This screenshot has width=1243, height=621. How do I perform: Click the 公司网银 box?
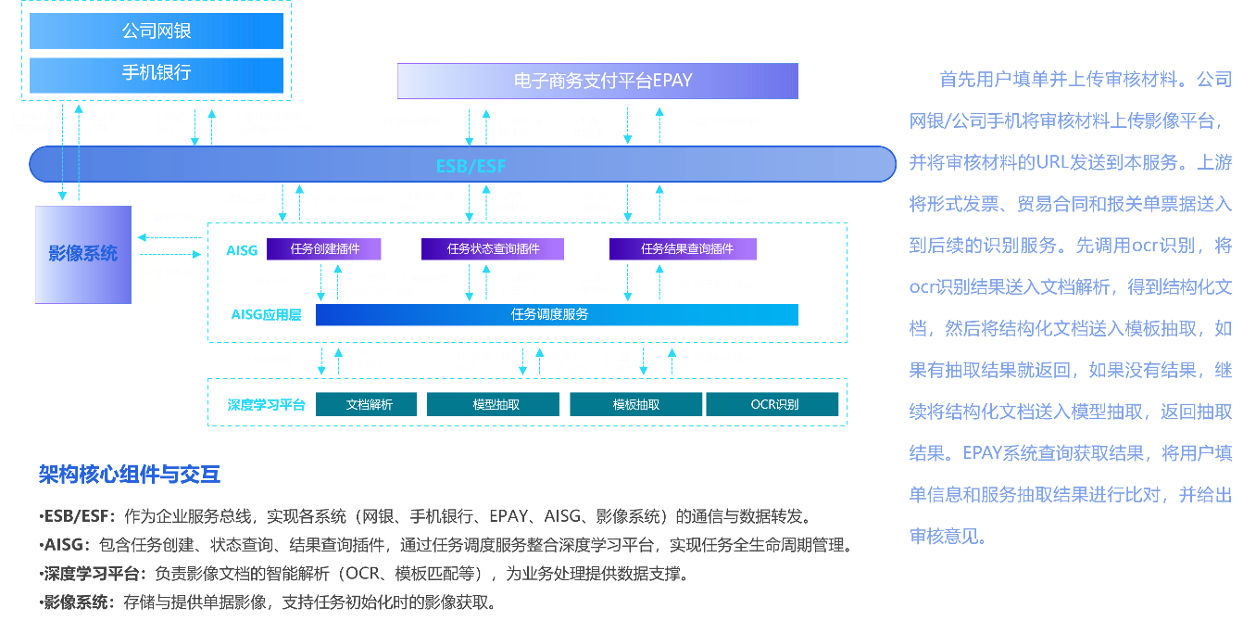pos(156,31)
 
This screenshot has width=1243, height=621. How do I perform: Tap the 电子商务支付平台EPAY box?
pos(597,81)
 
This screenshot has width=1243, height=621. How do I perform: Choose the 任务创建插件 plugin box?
pos(324,249)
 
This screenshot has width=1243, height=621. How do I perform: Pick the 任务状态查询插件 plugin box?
pos(493,249)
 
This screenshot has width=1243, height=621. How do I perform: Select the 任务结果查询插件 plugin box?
pos(683,249)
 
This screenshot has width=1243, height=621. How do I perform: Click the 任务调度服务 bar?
pos(557,315)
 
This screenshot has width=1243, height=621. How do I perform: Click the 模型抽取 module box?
pos(493,404)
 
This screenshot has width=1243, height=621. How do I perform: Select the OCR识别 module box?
pos(772,404)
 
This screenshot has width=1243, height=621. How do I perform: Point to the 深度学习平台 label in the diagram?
pos(267,405)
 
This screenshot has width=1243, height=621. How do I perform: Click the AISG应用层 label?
pos(266,315)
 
